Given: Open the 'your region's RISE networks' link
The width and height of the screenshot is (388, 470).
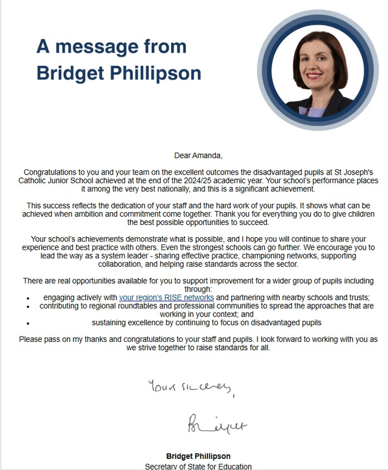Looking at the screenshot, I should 166,298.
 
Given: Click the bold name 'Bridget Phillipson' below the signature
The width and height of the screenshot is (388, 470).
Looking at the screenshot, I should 199,456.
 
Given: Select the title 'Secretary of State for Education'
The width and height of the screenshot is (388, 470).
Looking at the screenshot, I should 199,466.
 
